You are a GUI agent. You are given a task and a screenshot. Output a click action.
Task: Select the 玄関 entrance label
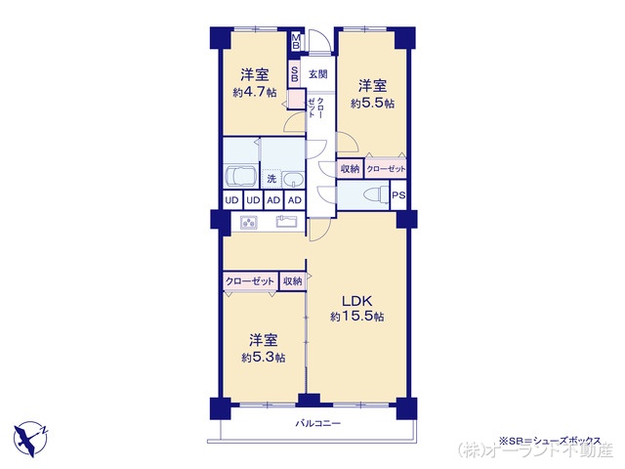(x=317, y=74)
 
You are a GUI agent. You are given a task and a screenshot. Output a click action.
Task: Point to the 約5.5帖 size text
(x=371, y=103)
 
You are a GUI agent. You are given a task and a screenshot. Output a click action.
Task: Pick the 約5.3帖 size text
(x=264, y=358)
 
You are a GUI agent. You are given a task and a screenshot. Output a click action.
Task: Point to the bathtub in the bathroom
(x=240, y=179)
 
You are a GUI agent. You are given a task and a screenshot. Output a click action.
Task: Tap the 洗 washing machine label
(x=273, y=179)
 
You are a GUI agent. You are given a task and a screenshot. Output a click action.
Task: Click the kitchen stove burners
(x=248, y=222)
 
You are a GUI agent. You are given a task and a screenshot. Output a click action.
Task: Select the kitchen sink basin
(x=286, y=222)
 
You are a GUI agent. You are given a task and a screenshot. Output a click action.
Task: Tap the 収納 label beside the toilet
(x=350, y=169)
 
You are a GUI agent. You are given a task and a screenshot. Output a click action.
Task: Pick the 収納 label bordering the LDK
(x=292, y=281)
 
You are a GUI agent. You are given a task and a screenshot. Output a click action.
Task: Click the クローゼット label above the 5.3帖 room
(x=250, y=281)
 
